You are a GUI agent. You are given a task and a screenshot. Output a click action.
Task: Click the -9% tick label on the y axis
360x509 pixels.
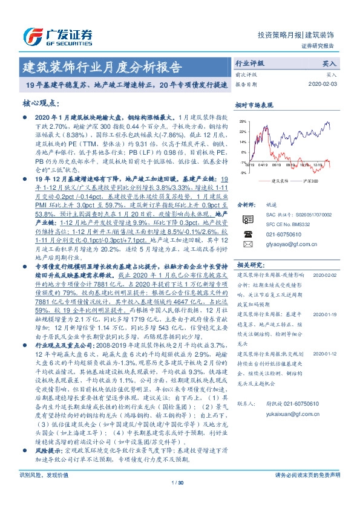point(243,173)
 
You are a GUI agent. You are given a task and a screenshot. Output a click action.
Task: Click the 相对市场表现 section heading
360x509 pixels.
point(254,105)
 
